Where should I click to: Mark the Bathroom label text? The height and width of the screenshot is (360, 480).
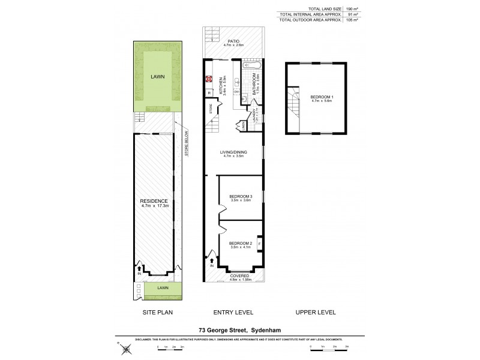tap(255, 85)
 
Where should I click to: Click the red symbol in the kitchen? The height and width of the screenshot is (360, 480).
tap(209, 78)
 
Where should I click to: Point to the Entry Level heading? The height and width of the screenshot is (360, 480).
tap(234, 312)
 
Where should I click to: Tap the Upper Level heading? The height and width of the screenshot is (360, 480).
tap(316, 312)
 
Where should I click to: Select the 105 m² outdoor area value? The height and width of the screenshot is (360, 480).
tap(352, 20)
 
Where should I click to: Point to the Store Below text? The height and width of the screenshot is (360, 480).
tap(186, 144)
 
